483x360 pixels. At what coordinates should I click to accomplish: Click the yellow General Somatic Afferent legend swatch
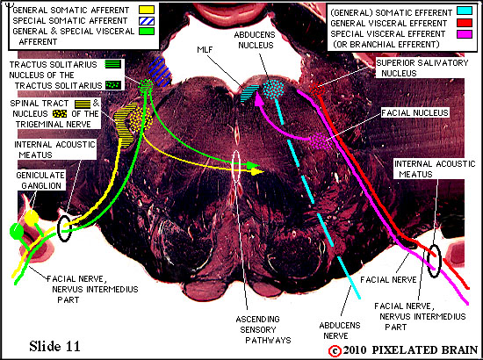click(147, 10)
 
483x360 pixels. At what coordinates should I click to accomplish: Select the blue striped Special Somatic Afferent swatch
click(147, 20)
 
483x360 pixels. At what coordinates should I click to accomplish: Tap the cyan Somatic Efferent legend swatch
click(464, 11)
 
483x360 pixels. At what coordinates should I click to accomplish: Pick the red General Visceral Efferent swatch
click(464, 23)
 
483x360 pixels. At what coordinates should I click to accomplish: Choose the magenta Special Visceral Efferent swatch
click(464, 34)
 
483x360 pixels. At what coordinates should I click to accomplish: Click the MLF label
click(205, 49)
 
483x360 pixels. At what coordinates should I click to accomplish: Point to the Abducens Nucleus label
click(255, 40)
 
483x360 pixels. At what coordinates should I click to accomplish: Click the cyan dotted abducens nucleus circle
click(273, 90)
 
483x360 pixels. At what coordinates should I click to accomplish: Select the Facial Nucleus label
click(415, 112)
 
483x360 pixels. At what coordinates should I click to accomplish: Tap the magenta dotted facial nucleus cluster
click(321, 141)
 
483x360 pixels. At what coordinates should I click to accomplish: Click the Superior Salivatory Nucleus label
click(422, 68)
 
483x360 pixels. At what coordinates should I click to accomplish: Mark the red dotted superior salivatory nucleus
click(317, 89)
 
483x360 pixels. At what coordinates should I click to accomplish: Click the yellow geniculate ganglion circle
click(32, 218)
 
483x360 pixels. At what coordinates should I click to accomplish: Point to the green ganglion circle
click(17, 231)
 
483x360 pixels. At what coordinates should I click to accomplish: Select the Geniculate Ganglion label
click(40, 181)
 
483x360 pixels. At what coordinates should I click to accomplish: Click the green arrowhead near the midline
click(254, 165)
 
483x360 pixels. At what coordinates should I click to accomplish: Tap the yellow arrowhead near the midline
click(256, 171)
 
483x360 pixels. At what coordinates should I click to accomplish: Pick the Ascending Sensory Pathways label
click(263, 330)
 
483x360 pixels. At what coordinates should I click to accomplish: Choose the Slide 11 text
click(54, 346)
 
